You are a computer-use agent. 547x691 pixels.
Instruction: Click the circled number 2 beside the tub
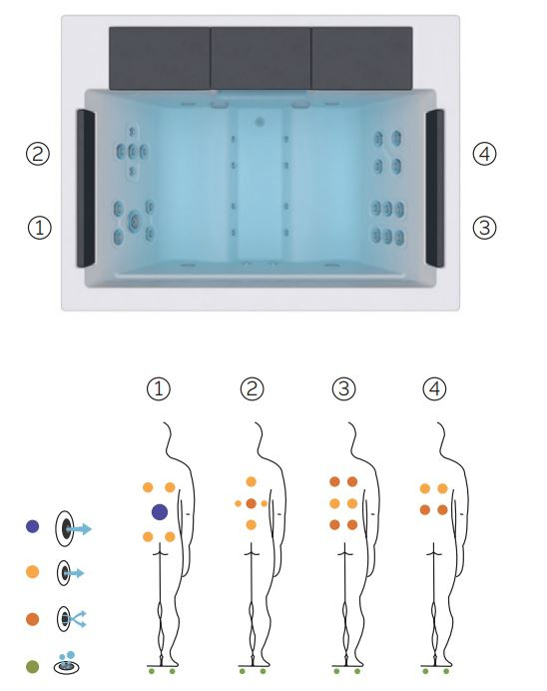(x=38, y=154)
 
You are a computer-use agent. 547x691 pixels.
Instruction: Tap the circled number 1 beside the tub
(x=40, y=228)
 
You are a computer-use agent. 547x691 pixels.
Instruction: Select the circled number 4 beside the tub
(x=484, y=154)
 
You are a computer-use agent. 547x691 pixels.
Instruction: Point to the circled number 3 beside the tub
(x=484, y=228)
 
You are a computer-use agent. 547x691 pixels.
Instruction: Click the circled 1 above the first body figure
(x=158, y=388)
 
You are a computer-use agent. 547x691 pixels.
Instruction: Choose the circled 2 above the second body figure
(x=252, y=388)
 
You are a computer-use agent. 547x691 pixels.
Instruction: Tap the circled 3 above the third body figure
(x=344, y=388)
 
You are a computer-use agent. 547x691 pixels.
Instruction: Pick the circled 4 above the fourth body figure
(x=434, y=388)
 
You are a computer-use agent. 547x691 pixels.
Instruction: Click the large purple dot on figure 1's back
(x=160, y=512)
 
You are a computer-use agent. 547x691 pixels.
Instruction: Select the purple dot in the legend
(x=33, y=526)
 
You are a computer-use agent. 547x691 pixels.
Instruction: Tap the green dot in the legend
(x=33, y=666)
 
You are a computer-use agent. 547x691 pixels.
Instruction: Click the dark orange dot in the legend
(x=33, y=619)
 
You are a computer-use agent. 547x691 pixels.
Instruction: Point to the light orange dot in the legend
(x=33, y=572)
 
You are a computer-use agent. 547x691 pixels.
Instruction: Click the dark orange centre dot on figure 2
(x=251, y=503)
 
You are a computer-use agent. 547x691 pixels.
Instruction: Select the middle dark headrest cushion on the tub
(x=261, y=58)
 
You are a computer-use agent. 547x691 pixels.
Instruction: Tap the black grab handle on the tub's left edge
(x=86, y=188)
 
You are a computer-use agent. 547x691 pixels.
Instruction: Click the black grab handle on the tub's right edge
(x=434, y=188)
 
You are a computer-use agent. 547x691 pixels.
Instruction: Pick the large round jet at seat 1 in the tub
(x=134, y=221)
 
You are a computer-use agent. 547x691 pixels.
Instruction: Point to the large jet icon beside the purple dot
(x=73, y=528)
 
